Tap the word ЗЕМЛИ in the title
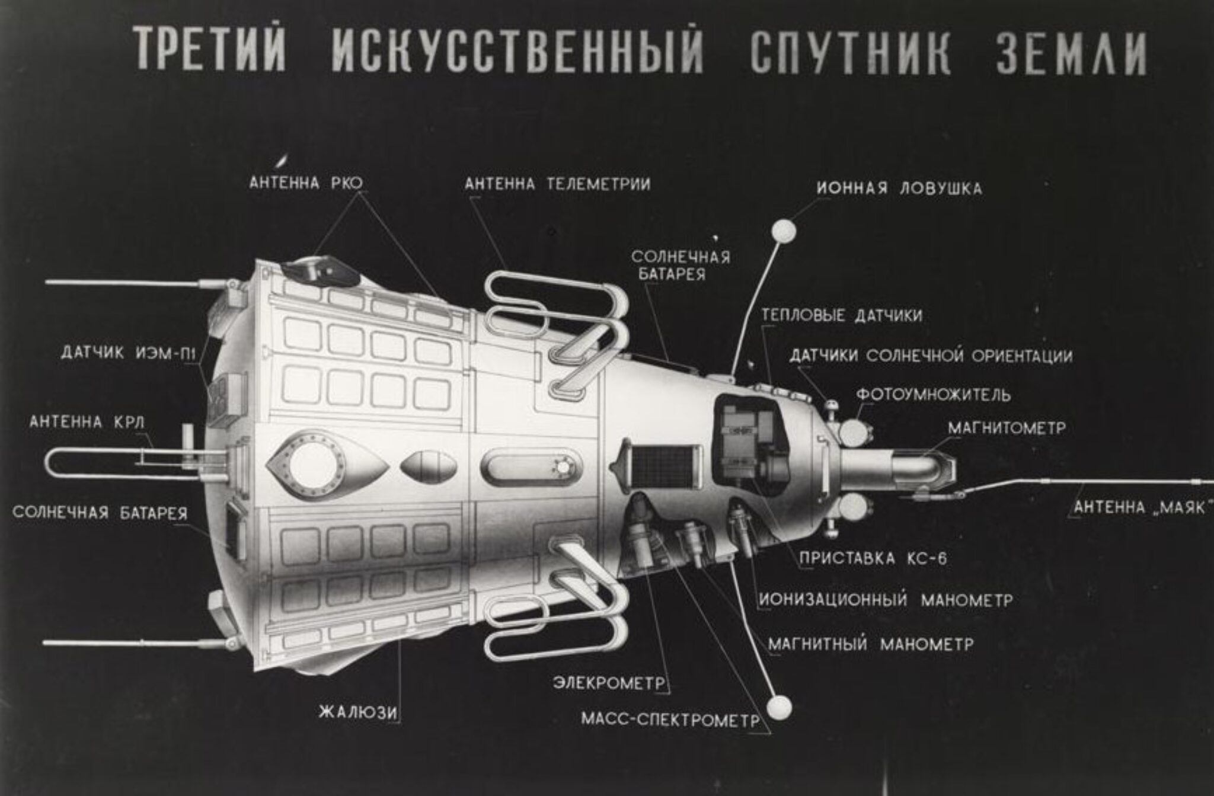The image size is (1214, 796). (1071, 52)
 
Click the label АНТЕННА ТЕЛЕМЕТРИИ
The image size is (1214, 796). (557, 184)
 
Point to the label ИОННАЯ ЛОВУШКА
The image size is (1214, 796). (899, 188)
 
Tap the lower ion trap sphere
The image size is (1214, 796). (779, 707)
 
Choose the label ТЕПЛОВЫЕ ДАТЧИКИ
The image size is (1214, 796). (842, 315)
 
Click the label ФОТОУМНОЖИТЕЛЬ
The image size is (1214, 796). (934, 394)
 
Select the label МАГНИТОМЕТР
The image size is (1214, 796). (1007, 427)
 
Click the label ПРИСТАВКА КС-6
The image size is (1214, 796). (873, 558)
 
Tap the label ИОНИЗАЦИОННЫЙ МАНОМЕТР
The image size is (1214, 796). (886, 600)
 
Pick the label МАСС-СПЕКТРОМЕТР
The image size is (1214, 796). (670, 720)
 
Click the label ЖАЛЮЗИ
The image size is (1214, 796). (358, 711)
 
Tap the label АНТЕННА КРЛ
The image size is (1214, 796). (87, 422)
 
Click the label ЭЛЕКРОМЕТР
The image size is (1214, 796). (609, 683)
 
